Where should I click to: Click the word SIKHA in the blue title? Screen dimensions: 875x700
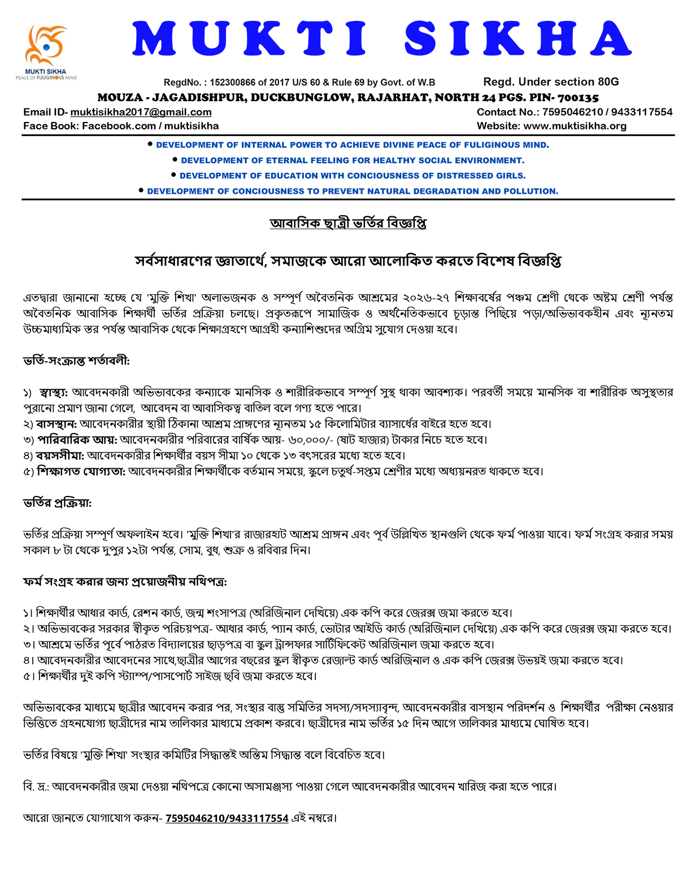(x=518, y=39)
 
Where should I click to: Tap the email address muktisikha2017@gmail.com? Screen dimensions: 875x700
(x=141, y=112)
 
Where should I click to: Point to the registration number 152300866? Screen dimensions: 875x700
(x=232, y=82)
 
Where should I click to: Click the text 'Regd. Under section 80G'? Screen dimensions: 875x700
(x=551, y=82)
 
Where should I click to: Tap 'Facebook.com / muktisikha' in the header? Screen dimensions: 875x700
(x=150, y=126)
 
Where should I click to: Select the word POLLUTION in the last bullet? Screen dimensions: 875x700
(x=529, y=191)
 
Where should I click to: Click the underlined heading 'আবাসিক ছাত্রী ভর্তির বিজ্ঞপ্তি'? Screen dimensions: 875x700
(x=348, y=223)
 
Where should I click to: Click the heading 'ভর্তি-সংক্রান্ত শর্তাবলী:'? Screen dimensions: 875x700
(x=76, y=360)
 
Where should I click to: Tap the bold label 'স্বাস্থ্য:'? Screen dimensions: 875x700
(x=54, y=392)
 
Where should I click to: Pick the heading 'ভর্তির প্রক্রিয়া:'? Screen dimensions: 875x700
(x=57, y=503)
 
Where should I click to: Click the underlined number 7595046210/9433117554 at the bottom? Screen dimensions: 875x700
(x=227, y=818)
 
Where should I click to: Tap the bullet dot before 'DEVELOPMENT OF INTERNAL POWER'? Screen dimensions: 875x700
(x=150, y=145)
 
